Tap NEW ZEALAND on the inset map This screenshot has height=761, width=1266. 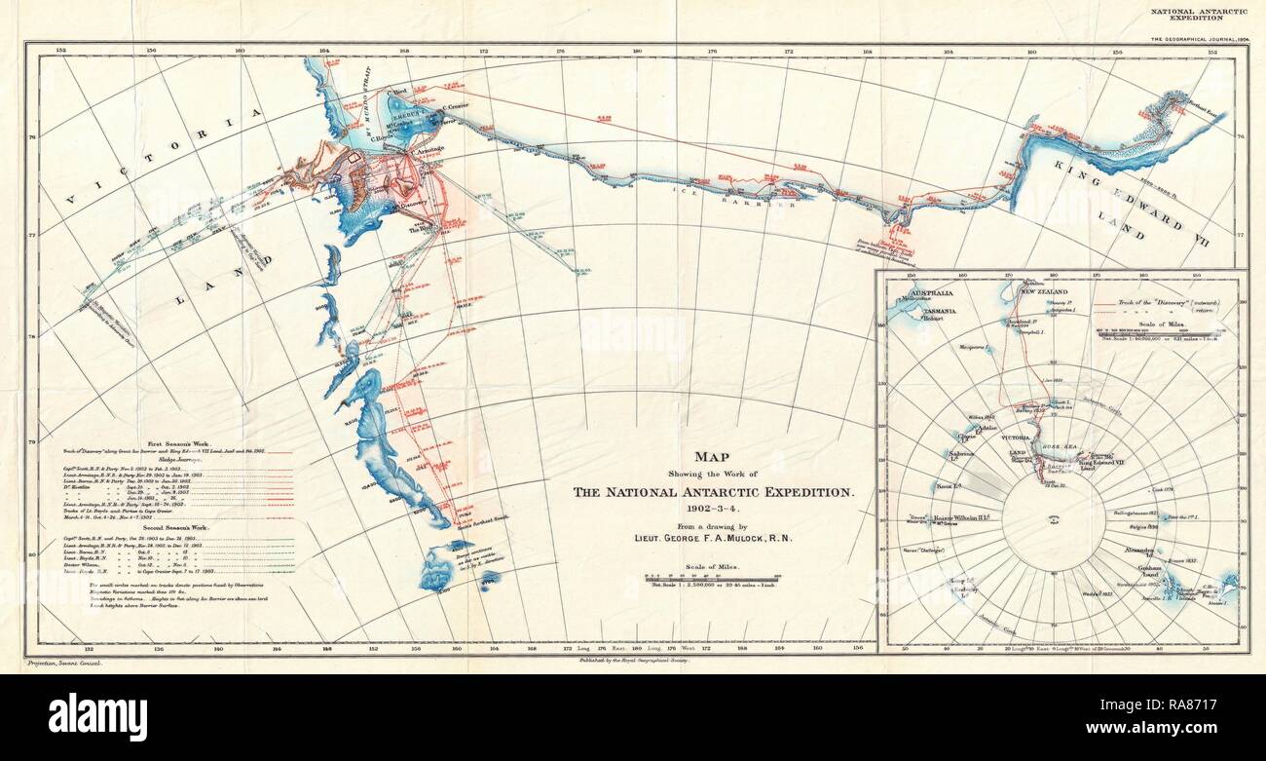click(x=1044, y=291)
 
